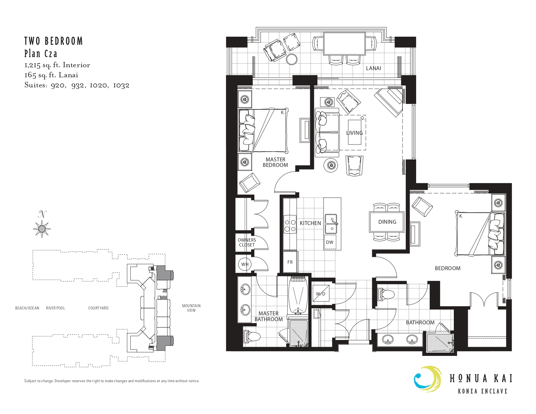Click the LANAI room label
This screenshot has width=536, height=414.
click(x=374, y=68)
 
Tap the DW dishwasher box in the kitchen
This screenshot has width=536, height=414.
click(x=330, y=242)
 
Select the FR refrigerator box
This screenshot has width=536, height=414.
click(x=290, y=262)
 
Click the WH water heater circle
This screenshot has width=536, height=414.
click(x=245, y=264)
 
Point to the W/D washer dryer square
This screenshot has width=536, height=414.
click(x=321, y=294)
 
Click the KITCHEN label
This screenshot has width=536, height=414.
click(x=310, y=223)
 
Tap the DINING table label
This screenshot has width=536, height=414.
click(x=387, y=222)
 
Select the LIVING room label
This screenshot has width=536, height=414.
click(x=354, y=133)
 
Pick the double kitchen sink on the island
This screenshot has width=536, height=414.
click(x=331, y=224)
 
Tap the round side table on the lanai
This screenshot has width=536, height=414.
click(x=292, y=59)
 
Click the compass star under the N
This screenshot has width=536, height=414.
click(x=42, y=229)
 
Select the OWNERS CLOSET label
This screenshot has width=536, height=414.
click(x=247, y=242)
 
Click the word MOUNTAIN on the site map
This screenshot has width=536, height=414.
click(x=191, y=306)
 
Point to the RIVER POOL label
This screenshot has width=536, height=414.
click(x=56, y=308)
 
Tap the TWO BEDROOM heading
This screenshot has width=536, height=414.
click(x=54, y=41)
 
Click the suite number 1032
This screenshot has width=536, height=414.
click(x=121, y=85)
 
